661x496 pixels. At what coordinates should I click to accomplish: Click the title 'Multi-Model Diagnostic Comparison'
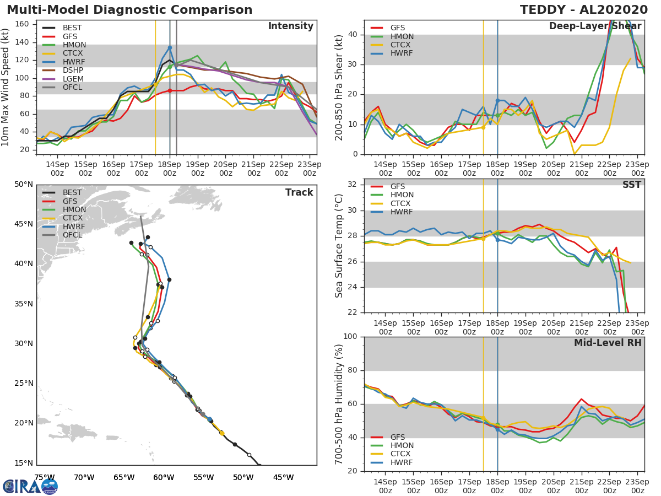click(129, 10)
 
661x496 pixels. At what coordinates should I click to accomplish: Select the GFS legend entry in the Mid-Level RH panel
click(398, 437)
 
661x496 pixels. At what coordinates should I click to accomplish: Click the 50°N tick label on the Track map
click(24, 184)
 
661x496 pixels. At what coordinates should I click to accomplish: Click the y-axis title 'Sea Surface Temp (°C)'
click(339, 245)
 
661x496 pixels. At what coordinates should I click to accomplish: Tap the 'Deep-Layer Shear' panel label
click(595, 26)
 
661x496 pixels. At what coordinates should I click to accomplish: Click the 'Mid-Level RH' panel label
click(608, 343)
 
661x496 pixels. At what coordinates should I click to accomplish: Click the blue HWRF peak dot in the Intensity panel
click(170, 47)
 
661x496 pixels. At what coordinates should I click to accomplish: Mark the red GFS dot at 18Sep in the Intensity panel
click(170, 90)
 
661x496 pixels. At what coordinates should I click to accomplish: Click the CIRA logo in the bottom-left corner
click(30, 486)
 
